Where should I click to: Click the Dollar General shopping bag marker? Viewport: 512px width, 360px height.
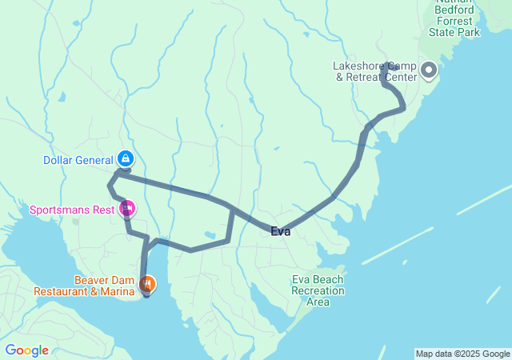[x=126, y=158]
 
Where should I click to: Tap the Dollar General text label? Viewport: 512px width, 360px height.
[x=78, y=160]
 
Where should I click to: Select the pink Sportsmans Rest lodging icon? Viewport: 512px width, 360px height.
[x=126, y=210]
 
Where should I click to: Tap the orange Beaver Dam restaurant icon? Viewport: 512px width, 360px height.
[x=147, y=283]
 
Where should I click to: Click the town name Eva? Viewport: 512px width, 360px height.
[x=280, y=232]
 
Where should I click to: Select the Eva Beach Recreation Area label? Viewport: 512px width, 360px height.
[x=318, y=290]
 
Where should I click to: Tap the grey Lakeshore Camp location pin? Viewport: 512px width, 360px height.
[x=428, y=70]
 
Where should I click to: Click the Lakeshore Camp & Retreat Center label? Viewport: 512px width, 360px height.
[x=374, y=71]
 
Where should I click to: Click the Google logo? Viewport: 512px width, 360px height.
[x=26, y=350]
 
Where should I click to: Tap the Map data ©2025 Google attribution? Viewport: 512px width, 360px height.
[x=462, y=354]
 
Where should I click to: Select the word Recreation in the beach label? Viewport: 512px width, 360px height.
[x=318, y=290]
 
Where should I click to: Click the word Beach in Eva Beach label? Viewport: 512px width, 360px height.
[x=327, y=279]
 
